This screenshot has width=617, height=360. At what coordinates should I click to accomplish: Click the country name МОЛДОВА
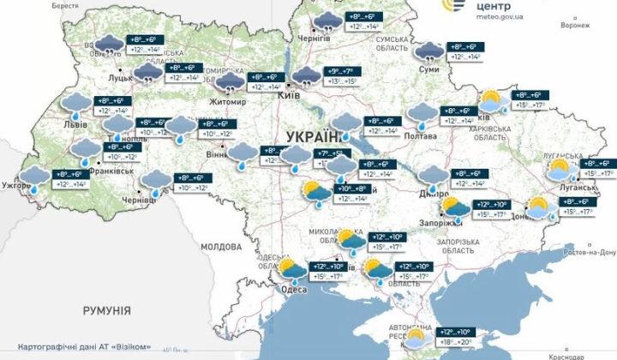pyautogui.click(x=221, y=246)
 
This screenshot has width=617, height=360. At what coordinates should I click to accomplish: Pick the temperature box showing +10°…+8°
pyautogui.click(x=352, y=193)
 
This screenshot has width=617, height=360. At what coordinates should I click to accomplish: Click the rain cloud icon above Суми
pyautogui.click(x=429, y=51)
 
